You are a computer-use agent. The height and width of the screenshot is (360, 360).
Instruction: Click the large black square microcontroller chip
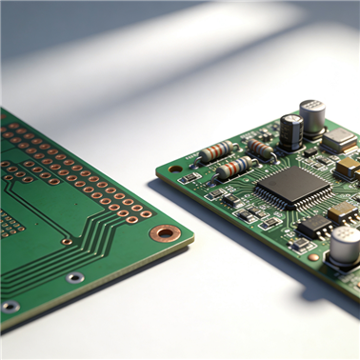pyautogui.click(x=293, y=183)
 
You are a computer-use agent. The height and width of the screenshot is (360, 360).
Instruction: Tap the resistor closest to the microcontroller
pyautogui.click(x=233, y=169)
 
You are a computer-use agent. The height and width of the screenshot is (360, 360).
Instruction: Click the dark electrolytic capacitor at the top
pyautogui.click(x=291, y=131)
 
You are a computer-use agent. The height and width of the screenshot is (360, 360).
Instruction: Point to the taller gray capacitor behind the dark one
pyautogui.click(x=311, y=116)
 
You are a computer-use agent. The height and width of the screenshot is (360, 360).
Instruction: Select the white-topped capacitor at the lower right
pyautogui.click(x=346, y=245)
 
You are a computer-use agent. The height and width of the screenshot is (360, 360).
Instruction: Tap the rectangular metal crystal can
pyautogui.click(x=338, y=141)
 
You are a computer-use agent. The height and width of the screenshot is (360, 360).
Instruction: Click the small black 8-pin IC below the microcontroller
pyautogui.click(x=313, y=227)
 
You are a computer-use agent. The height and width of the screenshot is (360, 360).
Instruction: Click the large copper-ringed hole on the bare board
pyautogui.click(x=166, y=233)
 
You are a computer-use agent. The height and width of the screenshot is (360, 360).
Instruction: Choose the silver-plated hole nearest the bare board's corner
pyautogui.click(x=75, y=278)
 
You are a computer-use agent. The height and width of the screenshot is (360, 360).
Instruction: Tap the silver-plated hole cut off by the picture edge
pyautogui.click(x=9, y=307)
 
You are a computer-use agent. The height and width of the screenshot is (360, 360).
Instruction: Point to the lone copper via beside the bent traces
pyautogui.click(x=67, y=242)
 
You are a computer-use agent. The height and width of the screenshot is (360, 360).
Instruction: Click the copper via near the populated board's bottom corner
pyautogui.click(x=313, y=257)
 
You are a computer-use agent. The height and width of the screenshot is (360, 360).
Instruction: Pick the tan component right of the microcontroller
pyautogui.click(x=348, y=168)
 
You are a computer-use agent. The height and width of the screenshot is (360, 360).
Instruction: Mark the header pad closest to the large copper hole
pyautogui.click(x=146, y=214)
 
